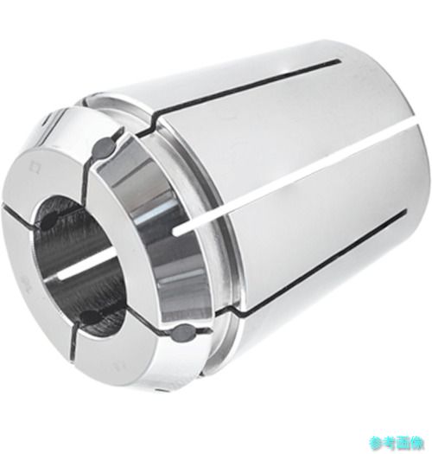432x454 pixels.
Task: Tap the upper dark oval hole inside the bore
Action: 52,218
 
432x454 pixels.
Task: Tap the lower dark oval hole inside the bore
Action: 89,316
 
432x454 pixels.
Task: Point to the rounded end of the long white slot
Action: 176,231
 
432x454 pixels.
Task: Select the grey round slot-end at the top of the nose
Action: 104,146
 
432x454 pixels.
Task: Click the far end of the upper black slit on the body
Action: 339,61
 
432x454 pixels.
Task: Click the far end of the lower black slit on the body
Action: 404,211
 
